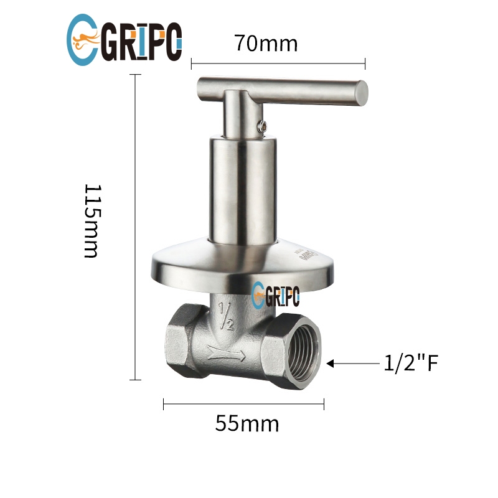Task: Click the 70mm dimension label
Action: (x=266, y=43)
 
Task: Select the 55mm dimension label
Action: (x=247, y=423)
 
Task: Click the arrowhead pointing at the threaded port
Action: (x=331, y=364)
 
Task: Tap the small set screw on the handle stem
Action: (x=262, y=126)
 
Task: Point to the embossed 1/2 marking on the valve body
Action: (x=226, y=316)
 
